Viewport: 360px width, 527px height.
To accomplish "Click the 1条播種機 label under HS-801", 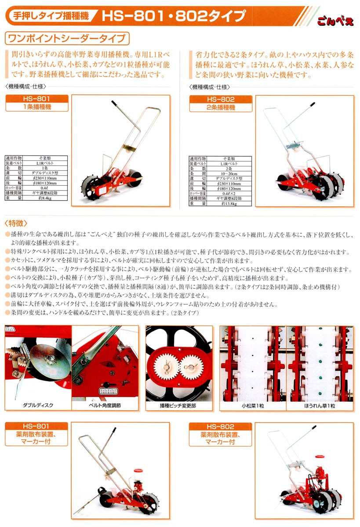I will click(x=36, y=107).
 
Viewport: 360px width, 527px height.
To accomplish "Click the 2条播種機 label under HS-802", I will click(x=221, y=107).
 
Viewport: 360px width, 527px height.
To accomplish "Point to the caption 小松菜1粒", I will click(x=252, y=405).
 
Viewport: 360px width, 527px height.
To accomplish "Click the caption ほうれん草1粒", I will click(x=319, y=405).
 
